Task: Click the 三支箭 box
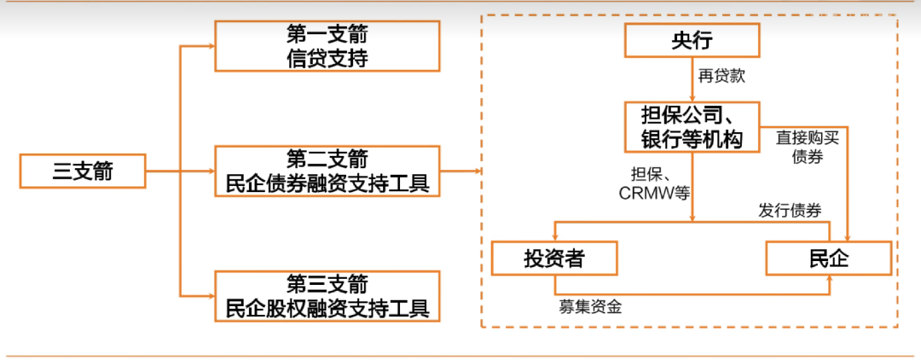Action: [82, 172]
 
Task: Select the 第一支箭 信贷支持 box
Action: [327, 47]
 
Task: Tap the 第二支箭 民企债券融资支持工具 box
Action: [327, 171]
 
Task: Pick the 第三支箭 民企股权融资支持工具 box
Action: [327, 296]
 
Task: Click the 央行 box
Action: [692, 40]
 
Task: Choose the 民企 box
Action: [829, 258]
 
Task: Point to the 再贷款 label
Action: [721, 76]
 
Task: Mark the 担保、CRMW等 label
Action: [654, 183]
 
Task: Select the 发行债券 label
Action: [790, 210]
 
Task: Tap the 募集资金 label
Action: [590, 306]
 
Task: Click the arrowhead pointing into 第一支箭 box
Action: [210, 47]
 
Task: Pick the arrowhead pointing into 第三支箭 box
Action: [210, 295]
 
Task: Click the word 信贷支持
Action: [327, 58]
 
